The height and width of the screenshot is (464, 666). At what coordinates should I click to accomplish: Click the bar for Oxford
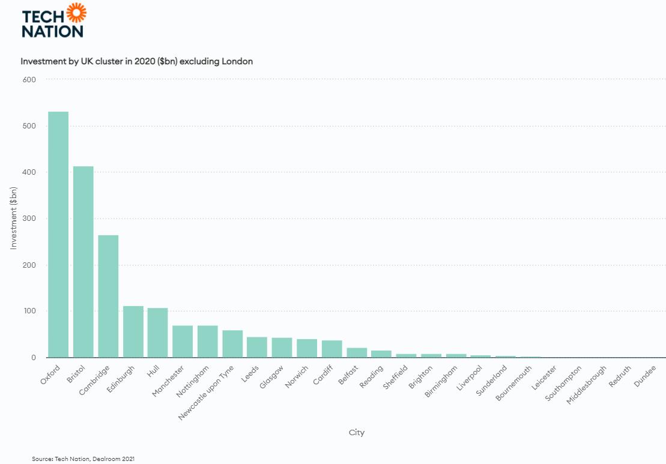(x=58, y=234)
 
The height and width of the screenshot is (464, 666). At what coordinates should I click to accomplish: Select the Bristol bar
(x=83, y=262)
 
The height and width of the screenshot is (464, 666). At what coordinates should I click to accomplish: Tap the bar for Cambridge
(x=108, y=297)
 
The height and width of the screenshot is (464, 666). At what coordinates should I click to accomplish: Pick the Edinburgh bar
(x=133, y=331)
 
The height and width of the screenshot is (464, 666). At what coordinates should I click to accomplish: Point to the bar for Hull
(x=157, y=333)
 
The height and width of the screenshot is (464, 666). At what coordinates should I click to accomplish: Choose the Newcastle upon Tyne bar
(x=233, y=344)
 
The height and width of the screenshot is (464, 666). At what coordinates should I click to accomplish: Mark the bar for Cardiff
(x=331, y=349)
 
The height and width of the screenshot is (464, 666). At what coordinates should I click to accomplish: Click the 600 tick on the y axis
(x=29, y=79)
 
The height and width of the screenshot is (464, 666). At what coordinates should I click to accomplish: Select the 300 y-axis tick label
(x=29, y=218)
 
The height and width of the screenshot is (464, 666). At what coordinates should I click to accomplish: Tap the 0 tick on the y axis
(x=34, y=357)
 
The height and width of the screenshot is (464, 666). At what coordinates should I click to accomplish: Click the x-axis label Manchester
(x=168, y=381)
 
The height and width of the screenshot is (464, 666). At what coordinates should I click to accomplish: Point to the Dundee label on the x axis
(x=645, y=376)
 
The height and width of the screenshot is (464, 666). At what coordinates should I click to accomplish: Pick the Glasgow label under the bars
(x=271, y=377)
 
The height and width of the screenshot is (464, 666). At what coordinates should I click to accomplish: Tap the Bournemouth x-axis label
(x=513, y=383)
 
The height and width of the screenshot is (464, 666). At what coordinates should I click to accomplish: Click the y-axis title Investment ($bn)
(x=14, y=218)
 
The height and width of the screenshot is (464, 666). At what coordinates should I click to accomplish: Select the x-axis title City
(x=356, y=433)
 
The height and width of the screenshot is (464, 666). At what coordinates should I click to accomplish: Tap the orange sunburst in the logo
(x=76, y=13)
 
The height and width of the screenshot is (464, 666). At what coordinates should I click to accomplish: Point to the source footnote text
(x=83, y=459)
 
